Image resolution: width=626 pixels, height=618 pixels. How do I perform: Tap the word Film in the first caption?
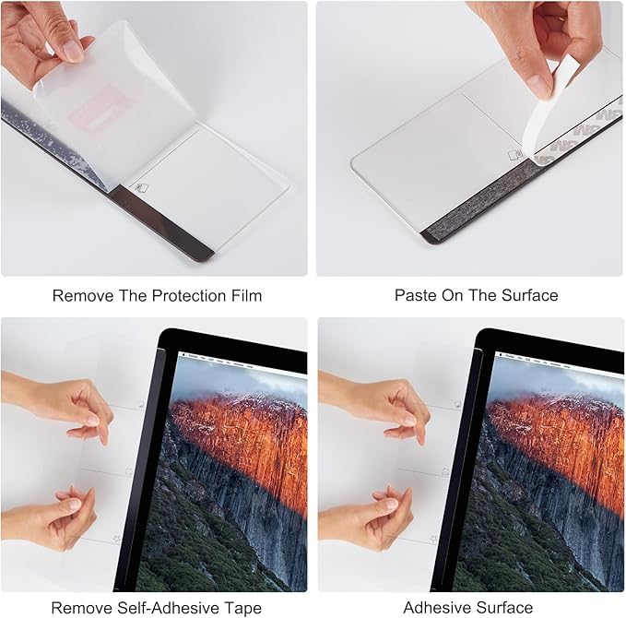coord(246,296)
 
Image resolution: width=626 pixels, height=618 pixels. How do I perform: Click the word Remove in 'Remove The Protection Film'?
coord(83,296)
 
